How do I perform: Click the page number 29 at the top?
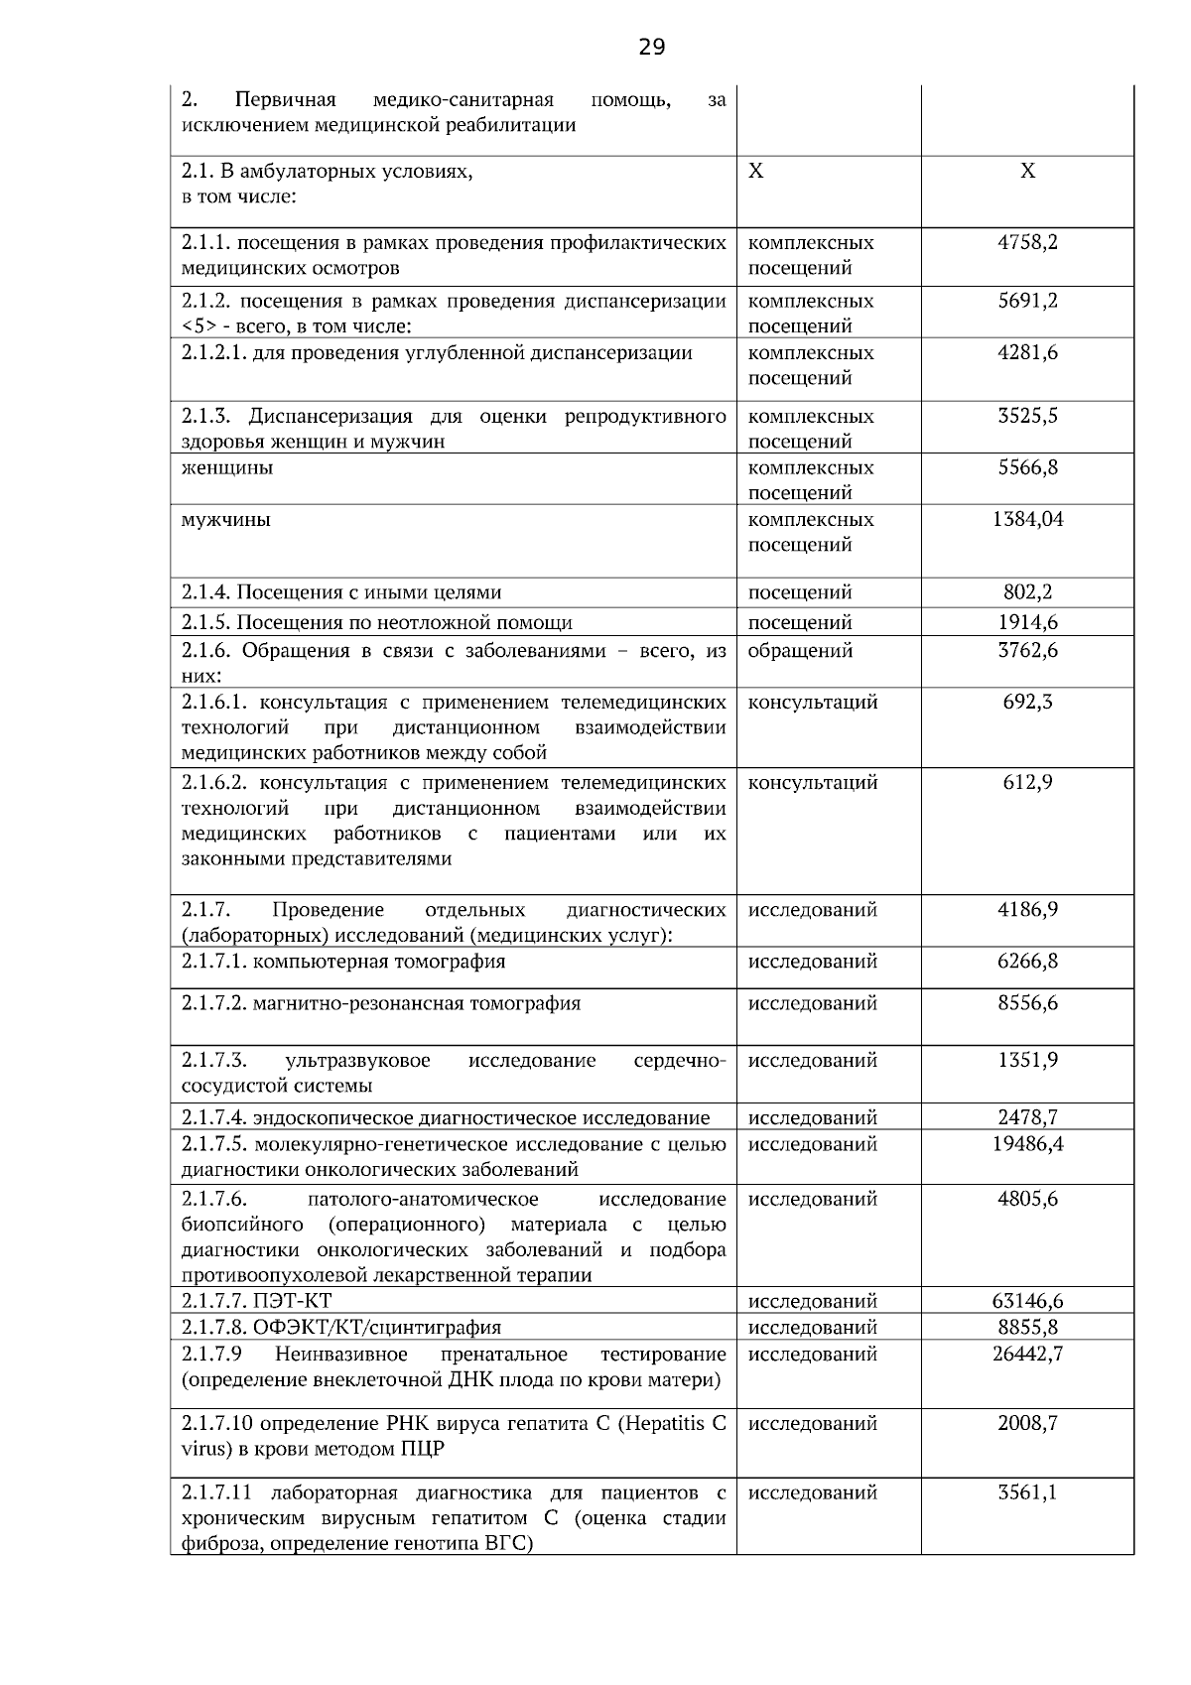coord(651,47)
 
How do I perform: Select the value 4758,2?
coord(1027,242)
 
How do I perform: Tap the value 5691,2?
coord(1027,301)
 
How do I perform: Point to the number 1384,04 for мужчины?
coord(1027,519)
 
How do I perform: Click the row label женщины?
coord(227,467)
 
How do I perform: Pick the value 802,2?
coord(1027,592)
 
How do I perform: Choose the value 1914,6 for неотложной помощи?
coord(1027,623)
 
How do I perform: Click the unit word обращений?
coord(800,651)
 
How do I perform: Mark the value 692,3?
coord(1027,703)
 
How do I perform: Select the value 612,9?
coord(1027,783)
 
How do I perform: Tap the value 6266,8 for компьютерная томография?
coord(1027,962)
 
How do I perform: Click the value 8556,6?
coord(1027,1003)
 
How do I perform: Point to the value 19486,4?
coord(1027,1144)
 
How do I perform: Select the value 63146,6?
coord(1027,1301)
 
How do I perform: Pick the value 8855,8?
coord(1027,1328)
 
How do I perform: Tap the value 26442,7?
coord(1027,1355)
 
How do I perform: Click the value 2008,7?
coord(1027,1424)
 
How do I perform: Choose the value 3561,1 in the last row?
coord(1027,1493)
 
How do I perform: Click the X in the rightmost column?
coord(1027,172)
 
